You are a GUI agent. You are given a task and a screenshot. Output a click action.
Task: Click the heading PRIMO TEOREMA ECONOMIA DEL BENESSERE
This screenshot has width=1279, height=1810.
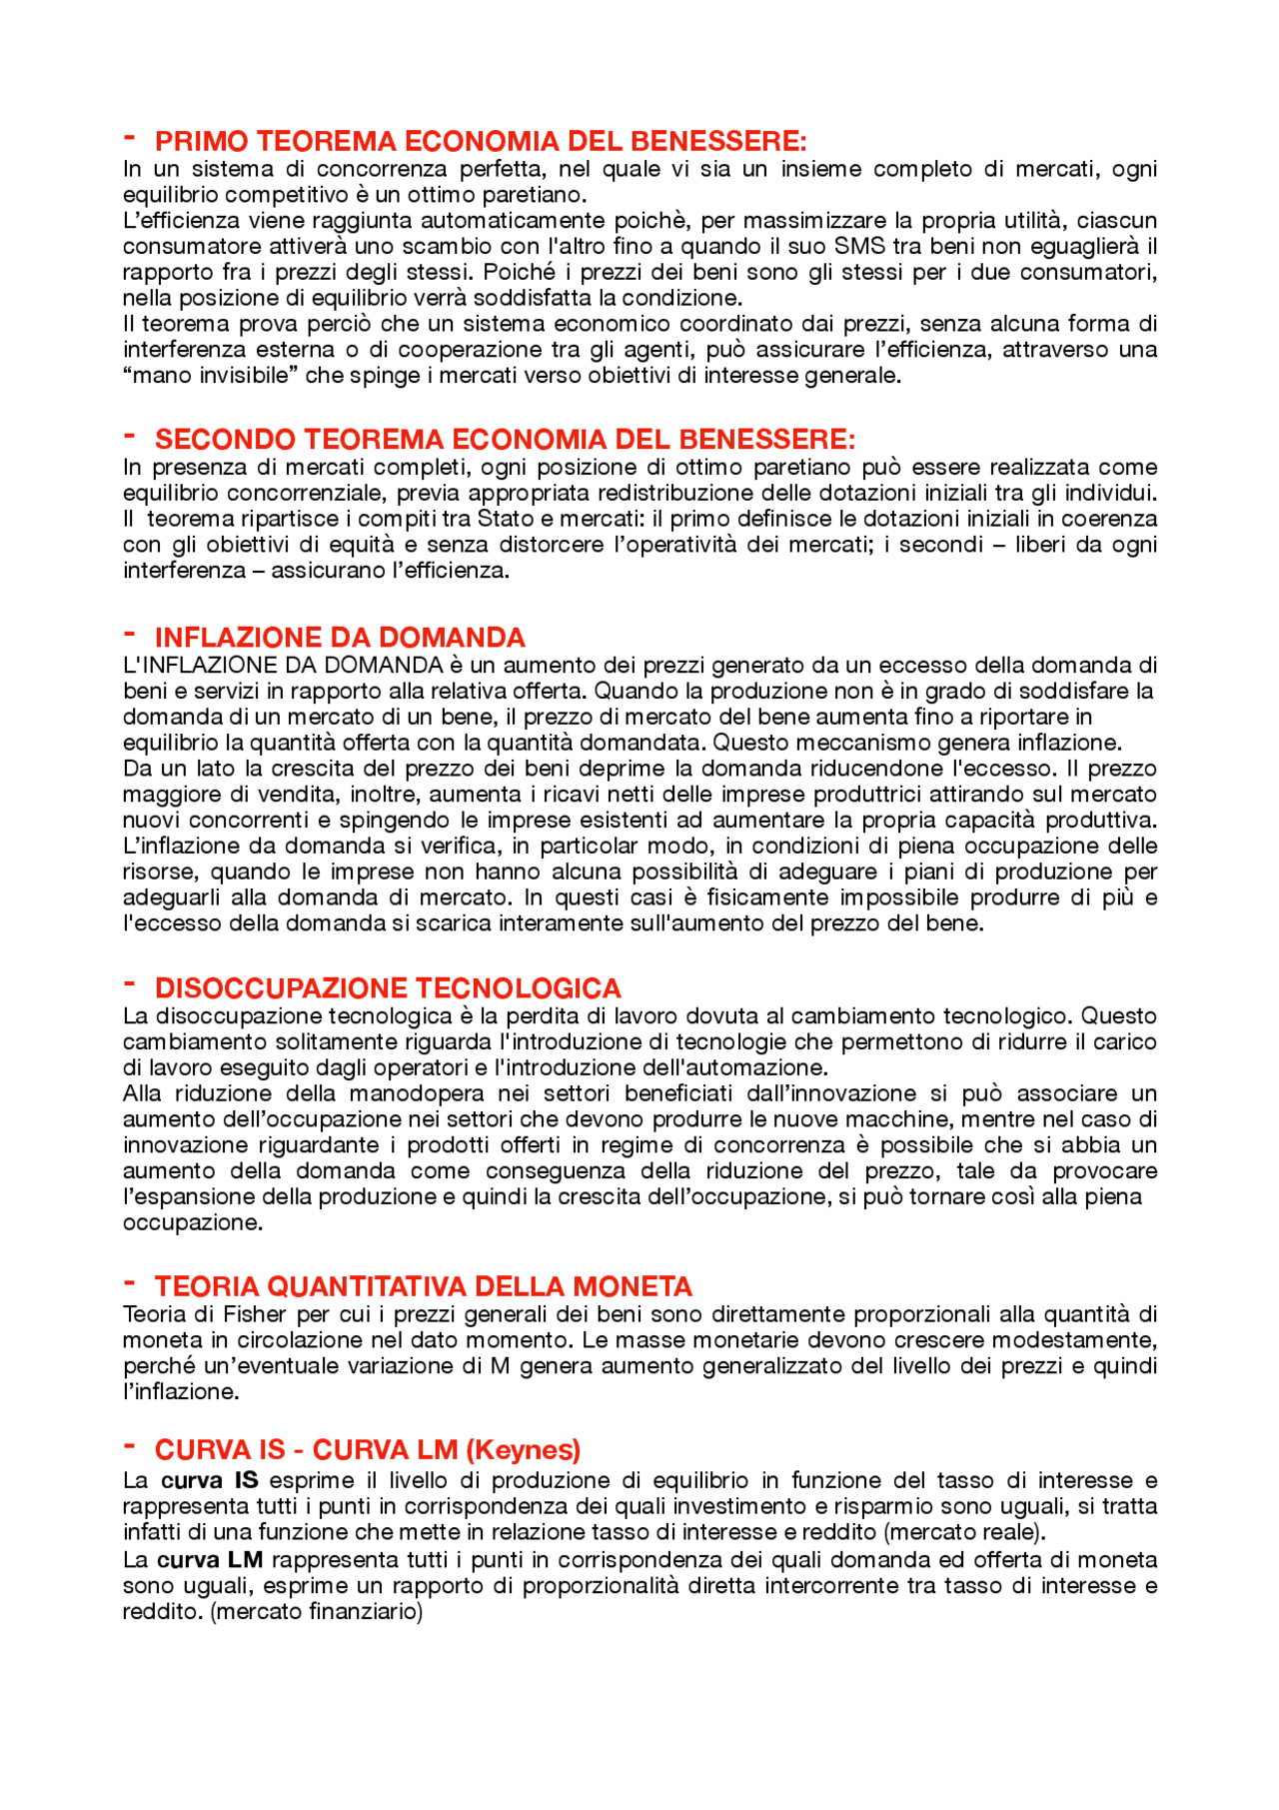click(x=480, y=141)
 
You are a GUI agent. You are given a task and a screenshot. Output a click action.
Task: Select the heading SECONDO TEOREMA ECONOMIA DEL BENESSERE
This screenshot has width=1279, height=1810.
click(x=505, y=440)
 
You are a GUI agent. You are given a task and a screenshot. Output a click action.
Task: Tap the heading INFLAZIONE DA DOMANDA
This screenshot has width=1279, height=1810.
click(x=340, y=638)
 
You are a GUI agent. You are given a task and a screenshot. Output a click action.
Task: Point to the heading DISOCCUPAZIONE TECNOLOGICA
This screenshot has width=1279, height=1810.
click(x=388, y=988)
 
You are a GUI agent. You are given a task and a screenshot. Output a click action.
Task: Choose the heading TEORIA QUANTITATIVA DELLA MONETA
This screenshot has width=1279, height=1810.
click(x=424, y=1286)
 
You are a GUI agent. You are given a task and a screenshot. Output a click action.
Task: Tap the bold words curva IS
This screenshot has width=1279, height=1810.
click(x=209, y=1480)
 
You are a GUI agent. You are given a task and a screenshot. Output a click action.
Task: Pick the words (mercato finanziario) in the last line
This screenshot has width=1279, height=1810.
click(x=317, y=1612)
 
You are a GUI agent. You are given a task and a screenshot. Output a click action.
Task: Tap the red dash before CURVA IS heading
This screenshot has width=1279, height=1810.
click(x=129, y=1445)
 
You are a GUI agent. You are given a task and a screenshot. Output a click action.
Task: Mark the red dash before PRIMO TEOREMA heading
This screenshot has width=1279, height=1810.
click(x=129, y=136)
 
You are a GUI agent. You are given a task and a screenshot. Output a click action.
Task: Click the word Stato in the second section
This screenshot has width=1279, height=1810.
click(x=506, y=519)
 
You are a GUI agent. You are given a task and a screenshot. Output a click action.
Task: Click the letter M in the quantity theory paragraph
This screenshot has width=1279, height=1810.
click(x=501, y=1366)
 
